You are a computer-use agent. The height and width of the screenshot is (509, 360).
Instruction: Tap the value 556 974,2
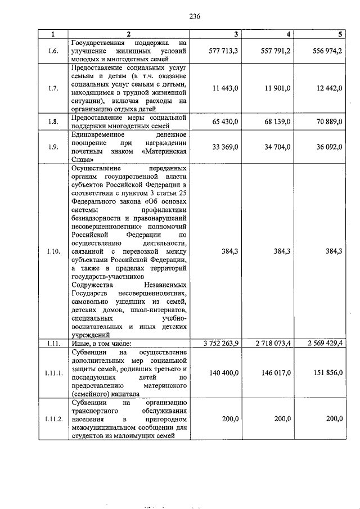click(x=327, y=51)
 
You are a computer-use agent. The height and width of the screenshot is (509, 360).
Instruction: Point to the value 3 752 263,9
click(x=218, y=343)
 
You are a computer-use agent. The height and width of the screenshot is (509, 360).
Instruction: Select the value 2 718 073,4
click(x=271, y=343)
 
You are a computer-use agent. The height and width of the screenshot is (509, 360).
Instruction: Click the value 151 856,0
click(x=327, y=373)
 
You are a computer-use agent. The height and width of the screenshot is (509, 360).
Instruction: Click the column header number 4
click(x=289, y=34)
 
